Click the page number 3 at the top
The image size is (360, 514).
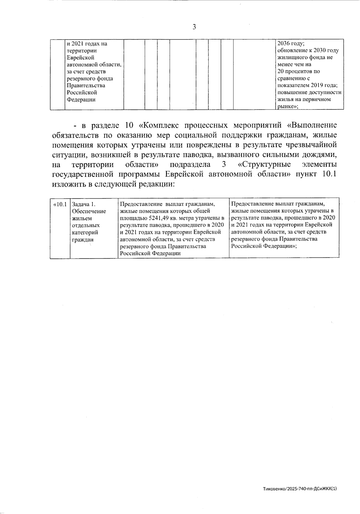pos(194,27)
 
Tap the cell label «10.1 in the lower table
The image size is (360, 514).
pos(60,205)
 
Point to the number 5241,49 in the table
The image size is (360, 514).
pos(157,218)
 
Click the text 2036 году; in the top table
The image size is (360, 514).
pos(291,44)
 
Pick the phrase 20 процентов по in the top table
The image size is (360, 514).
pos(299,71)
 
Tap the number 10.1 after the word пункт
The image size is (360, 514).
pos(329,174)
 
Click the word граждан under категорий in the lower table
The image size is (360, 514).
pos(83,239)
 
